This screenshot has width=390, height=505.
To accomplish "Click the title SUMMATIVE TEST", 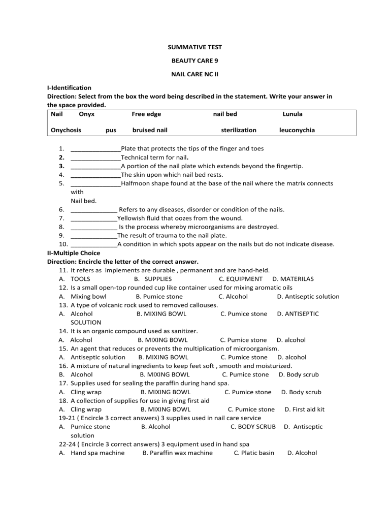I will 194,47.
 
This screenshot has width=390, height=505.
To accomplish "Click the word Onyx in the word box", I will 87,114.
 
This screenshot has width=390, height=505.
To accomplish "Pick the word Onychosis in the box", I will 66,130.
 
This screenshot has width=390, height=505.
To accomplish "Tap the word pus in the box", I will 111,130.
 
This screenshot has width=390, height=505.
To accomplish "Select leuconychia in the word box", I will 297,130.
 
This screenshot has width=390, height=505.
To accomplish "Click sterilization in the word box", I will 239,130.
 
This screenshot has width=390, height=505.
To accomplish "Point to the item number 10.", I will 63,244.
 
